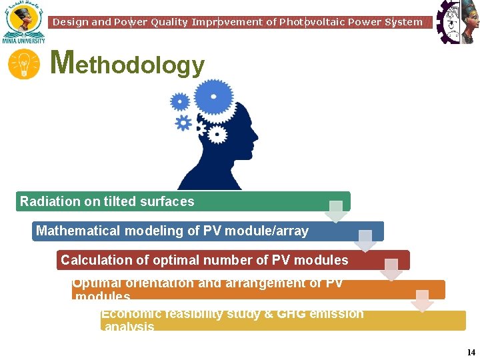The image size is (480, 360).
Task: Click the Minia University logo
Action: click(x=23, y=22)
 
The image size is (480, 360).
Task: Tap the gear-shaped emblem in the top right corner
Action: click(x=457, y=22)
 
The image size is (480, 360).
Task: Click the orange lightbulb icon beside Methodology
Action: click(x=23, y=65)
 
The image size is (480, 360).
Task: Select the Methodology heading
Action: click(x=127, y=65)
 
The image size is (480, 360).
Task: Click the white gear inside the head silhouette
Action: click(x=216, y=134)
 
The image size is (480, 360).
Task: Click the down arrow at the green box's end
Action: click(x=337, y=211)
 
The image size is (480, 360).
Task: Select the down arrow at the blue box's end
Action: click(x=365, y=241)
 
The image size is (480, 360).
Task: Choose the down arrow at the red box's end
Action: click(x=391, y=269)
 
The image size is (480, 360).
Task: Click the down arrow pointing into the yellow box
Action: click(x=421, y=301)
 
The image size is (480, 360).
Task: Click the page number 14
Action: click(x=471, y=352)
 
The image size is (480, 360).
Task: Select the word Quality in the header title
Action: click(x=169, y=22)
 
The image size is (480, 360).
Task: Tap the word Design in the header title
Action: click(x=70, y=22)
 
